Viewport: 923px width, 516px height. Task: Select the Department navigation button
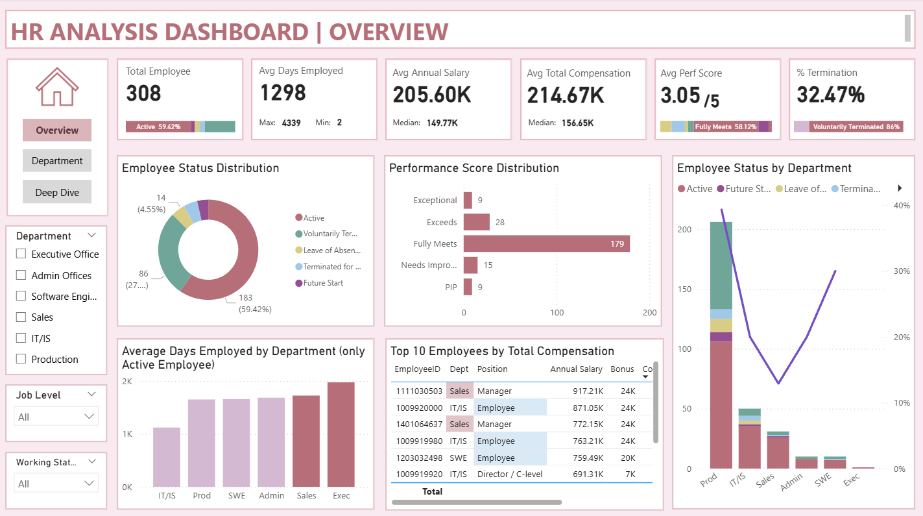point(57,161)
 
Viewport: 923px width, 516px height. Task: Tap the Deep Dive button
point(57,192)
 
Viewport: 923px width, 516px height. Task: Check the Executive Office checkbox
point(21,254)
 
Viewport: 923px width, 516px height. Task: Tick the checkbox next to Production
point(21,359)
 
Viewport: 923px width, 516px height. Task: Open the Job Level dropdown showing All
point(56,417)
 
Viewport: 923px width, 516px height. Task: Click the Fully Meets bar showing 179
point(546,244)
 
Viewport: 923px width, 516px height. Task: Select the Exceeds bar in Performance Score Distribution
point(476,222)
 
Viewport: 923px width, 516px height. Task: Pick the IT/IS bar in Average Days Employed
point(167,457)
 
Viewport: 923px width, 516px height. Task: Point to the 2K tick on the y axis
point(127,382)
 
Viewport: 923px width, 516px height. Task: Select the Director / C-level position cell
point(510,474)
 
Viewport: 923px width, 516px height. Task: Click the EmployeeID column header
point(418,369)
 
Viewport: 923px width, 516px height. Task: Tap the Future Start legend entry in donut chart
point(322,283)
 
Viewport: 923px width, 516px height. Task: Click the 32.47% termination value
point(830,95)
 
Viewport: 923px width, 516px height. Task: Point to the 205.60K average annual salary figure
point(432,95)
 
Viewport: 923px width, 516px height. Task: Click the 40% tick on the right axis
point(902,205)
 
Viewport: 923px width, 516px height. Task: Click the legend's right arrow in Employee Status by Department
point(900,188)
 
